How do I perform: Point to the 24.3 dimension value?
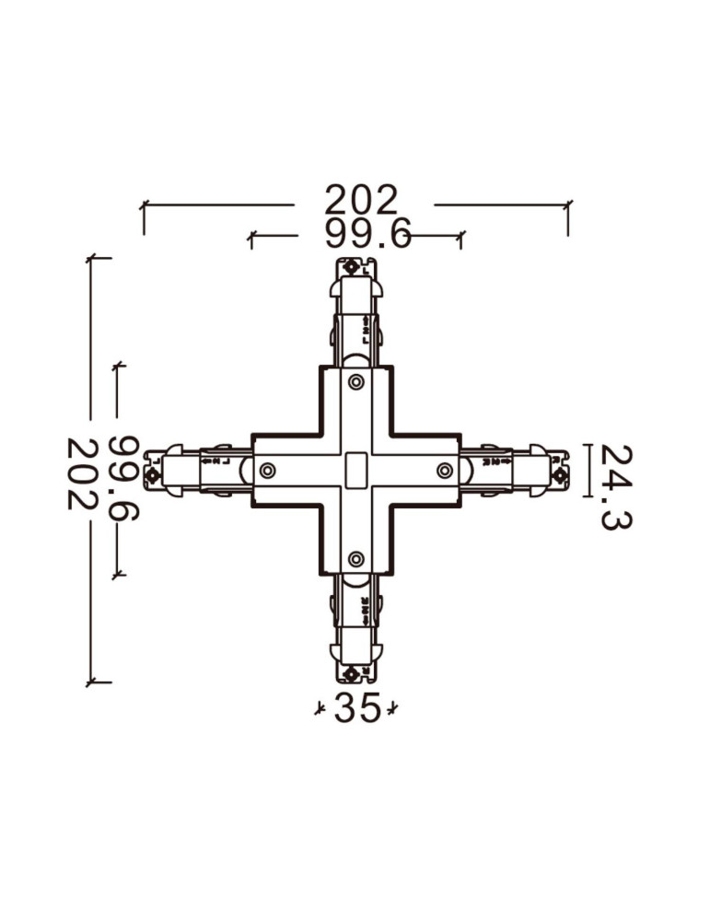[615, 487]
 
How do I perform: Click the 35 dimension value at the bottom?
[357, 708]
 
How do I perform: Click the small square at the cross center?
[355, 471]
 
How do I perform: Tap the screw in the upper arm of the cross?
[355, 381]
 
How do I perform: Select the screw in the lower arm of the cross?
[355, 559]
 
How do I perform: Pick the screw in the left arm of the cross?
[267, 471]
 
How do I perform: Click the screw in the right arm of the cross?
[445, 471]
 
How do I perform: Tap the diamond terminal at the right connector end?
[560, 475]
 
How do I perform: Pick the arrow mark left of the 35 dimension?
[320, 708]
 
